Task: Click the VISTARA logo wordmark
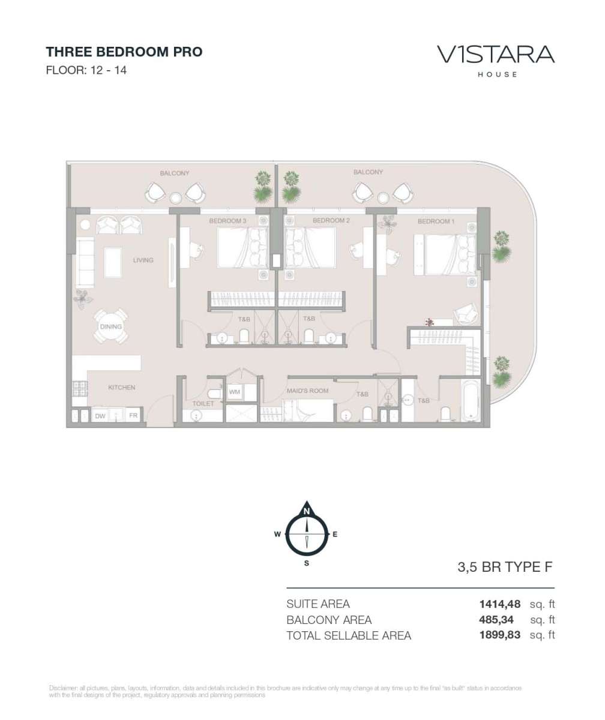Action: (x=496, y=55)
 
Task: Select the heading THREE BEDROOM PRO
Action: (x=124, y=52)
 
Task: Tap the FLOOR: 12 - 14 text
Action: (x=86, y=70)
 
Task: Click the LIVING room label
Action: (x=143, y=260)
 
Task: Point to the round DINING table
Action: (x=110, y=326)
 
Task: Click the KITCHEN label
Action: (x=122, y=387)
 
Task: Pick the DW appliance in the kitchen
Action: (x=100, y=416)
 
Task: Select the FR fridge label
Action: (x=133, y=416)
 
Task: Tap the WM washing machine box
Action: (x=235, y=392)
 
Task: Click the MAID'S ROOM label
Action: (x=308, y=391)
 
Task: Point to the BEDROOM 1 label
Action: (x=436, y=221)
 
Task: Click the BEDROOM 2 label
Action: (x=331, y=220)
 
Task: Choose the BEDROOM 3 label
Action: (x=227, y=221)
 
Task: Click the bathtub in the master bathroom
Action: (x=471, y=400)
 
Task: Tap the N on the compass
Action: (x=306, y=511)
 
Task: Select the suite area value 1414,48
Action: (x=500, y=604)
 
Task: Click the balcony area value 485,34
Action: (x=496, y=620)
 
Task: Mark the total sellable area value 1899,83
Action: (x=500, y=635)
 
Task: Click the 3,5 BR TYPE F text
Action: (x=505, y=567)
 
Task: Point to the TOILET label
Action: (x=203, y=403)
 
